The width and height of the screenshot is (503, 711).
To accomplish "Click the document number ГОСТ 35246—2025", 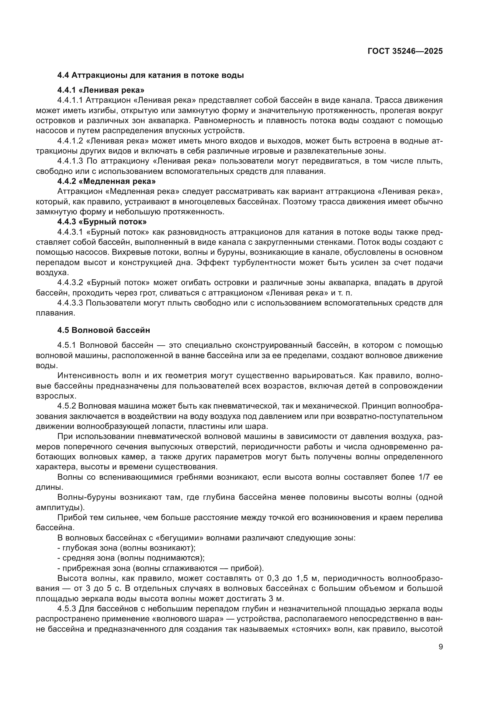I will pos(405,51).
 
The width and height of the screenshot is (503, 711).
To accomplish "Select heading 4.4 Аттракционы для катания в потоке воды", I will pos(151,75).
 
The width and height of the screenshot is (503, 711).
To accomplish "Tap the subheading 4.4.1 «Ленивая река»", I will pos(101,90).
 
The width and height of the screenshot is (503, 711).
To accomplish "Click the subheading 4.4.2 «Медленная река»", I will pos(106,181).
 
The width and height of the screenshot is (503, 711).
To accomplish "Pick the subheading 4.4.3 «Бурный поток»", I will pos(102,222).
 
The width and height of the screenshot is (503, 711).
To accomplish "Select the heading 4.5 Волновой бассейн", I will pos(104,330).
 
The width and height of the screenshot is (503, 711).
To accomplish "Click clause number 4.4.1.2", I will pos(70,141).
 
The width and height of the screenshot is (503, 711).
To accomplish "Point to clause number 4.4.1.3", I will pos(70,161).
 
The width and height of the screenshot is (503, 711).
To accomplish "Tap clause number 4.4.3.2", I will pos(70,282).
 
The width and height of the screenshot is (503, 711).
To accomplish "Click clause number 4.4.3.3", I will pos(70,302).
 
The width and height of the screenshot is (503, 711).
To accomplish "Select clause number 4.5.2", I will pos(67,406).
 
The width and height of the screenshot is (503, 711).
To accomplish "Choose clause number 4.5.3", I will pos(67,609).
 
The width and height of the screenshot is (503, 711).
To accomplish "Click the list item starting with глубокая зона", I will pos(127,548).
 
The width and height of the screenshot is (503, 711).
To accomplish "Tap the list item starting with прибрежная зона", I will pos(161,568).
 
